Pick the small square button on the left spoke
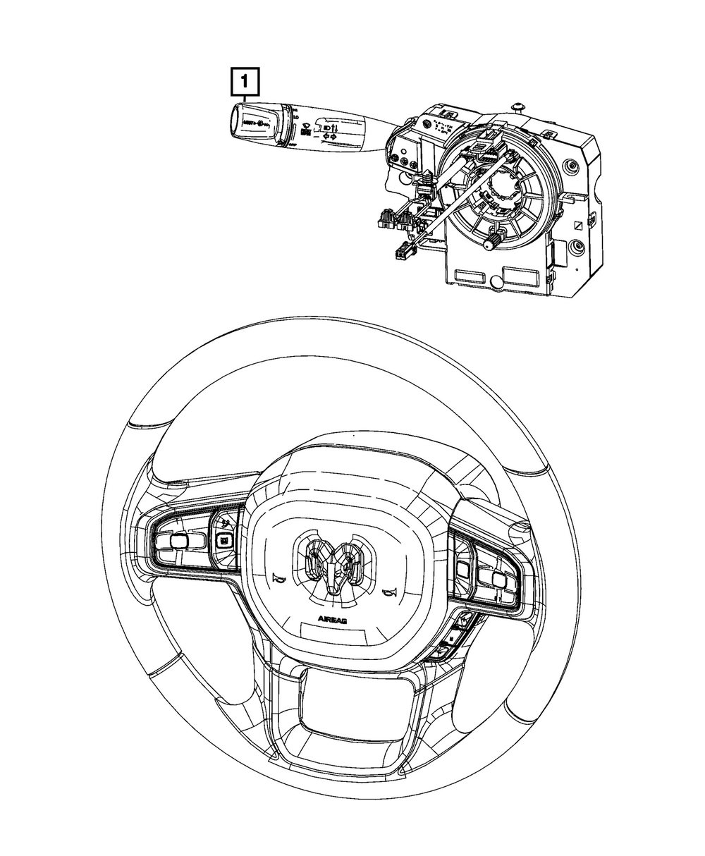[223, 540]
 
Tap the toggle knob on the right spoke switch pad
[498, 580]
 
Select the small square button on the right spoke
[463, 568]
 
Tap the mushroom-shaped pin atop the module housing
[520, 106]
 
